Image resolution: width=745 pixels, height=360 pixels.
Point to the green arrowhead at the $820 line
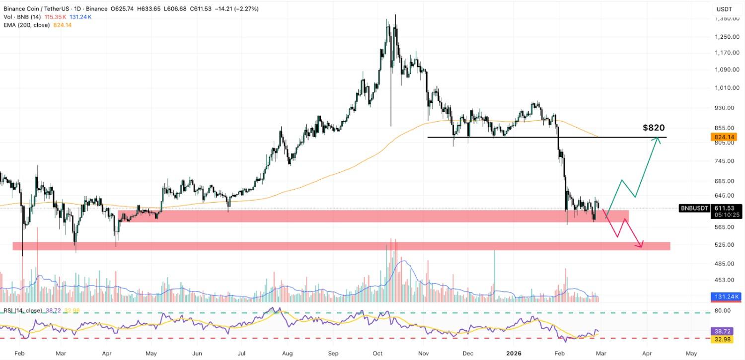point(659,140)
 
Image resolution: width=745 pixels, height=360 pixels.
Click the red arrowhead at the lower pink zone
point(642,244)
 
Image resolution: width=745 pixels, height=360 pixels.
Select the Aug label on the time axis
point(288,354)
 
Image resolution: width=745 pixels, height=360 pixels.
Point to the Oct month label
point(378,354)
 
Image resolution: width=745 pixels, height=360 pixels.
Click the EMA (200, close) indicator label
point(26,25)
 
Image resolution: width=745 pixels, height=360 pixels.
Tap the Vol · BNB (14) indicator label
point(21,17)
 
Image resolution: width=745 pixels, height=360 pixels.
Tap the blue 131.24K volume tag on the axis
point(727,297)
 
